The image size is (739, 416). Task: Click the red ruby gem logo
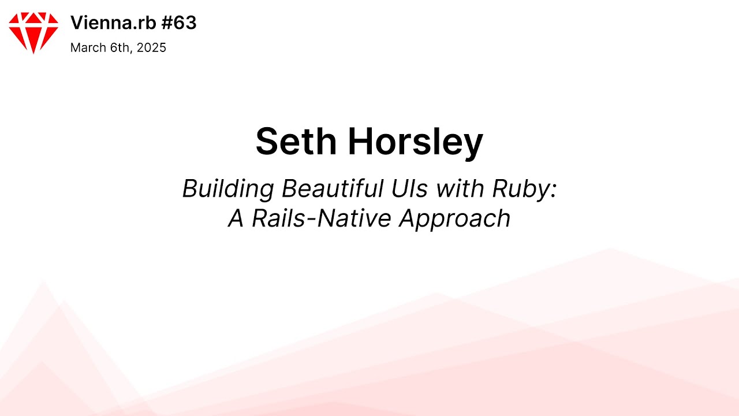coord(33,32)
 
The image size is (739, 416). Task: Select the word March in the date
coord(87,48)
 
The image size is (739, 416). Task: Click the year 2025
coord(151,48)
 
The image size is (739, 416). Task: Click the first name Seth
coord(297,142)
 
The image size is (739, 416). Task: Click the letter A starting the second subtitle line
coord(236,218)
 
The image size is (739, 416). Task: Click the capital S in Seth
coord(268,142)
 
